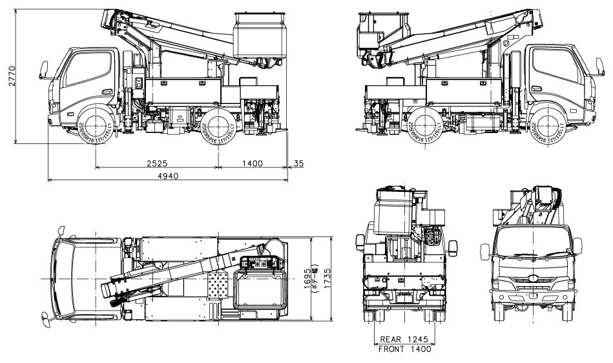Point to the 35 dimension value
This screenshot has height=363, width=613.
click(x=298, y=163)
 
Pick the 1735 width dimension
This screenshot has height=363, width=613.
click(x=328, y=278)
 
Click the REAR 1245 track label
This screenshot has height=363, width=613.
click(x=404, y=338)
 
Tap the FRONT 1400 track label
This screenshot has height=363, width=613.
click(x=404, y=349)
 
